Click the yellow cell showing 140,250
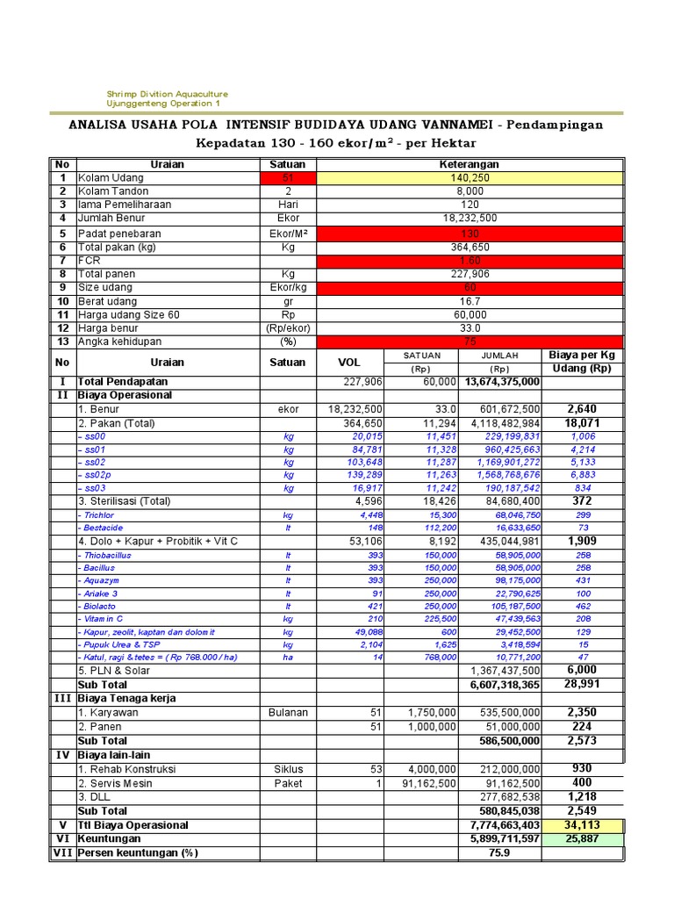470,177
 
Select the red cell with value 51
288,177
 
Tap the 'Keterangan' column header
470,164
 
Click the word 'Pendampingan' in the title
550,124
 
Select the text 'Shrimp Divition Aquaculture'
167,94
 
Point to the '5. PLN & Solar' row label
114,671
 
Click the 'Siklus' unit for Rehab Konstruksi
288,768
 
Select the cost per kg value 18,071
588,422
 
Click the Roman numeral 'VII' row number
61,852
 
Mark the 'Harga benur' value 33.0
470,328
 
